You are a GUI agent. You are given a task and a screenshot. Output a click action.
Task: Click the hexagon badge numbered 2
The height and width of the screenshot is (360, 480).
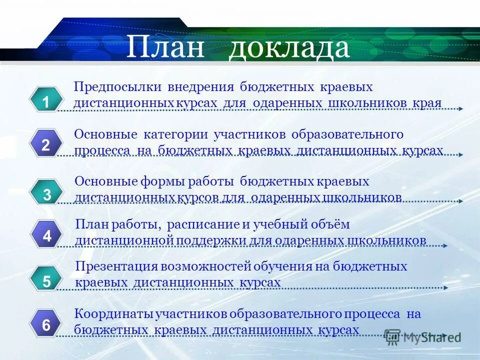(x=46, y=145)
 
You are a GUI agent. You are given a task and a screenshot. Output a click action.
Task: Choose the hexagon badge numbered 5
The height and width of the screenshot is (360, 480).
(x=46, y=280)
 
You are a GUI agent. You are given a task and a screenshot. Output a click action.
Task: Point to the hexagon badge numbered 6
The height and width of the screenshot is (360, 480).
(x=46, y=325)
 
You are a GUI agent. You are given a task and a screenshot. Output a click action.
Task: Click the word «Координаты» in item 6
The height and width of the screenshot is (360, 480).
(x=113, y=314)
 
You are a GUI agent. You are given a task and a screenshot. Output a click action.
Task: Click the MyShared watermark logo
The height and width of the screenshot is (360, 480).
(x=423, y=337)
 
